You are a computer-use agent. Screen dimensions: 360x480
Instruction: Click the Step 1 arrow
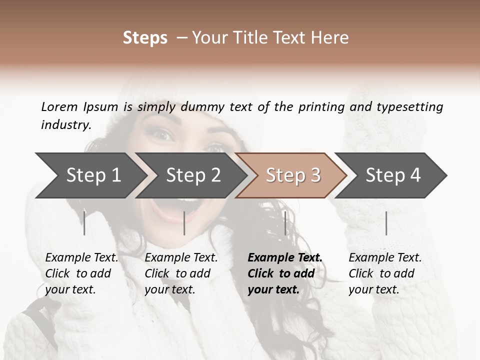(x=90, y=175)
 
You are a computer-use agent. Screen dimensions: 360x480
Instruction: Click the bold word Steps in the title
(x=145, y=38)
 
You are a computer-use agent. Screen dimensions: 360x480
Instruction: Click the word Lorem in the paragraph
(x=59, y=106)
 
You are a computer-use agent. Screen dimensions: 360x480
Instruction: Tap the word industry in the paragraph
(x=66, y=124)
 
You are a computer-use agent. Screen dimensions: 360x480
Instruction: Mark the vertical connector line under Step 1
(x=84, y=223)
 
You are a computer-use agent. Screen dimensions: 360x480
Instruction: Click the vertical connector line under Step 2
(x=184, y=223)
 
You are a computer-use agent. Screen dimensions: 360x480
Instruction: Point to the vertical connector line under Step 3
(x=285, y=223)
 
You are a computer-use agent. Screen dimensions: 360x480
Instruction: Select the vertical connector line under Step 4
(x=386, y=223)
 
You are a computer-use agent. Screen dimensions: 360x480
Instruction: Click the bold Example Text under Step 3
(x=285, y=258)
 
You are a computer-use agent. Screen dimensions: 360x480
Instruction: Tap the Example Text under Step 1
(x=81, y=258)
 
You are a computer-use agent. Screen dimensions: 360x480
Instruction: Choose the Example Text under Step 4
(x=385, y=258)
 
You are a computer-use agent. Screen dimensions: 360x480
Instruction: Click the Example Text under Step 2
(x=181, y=258)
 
